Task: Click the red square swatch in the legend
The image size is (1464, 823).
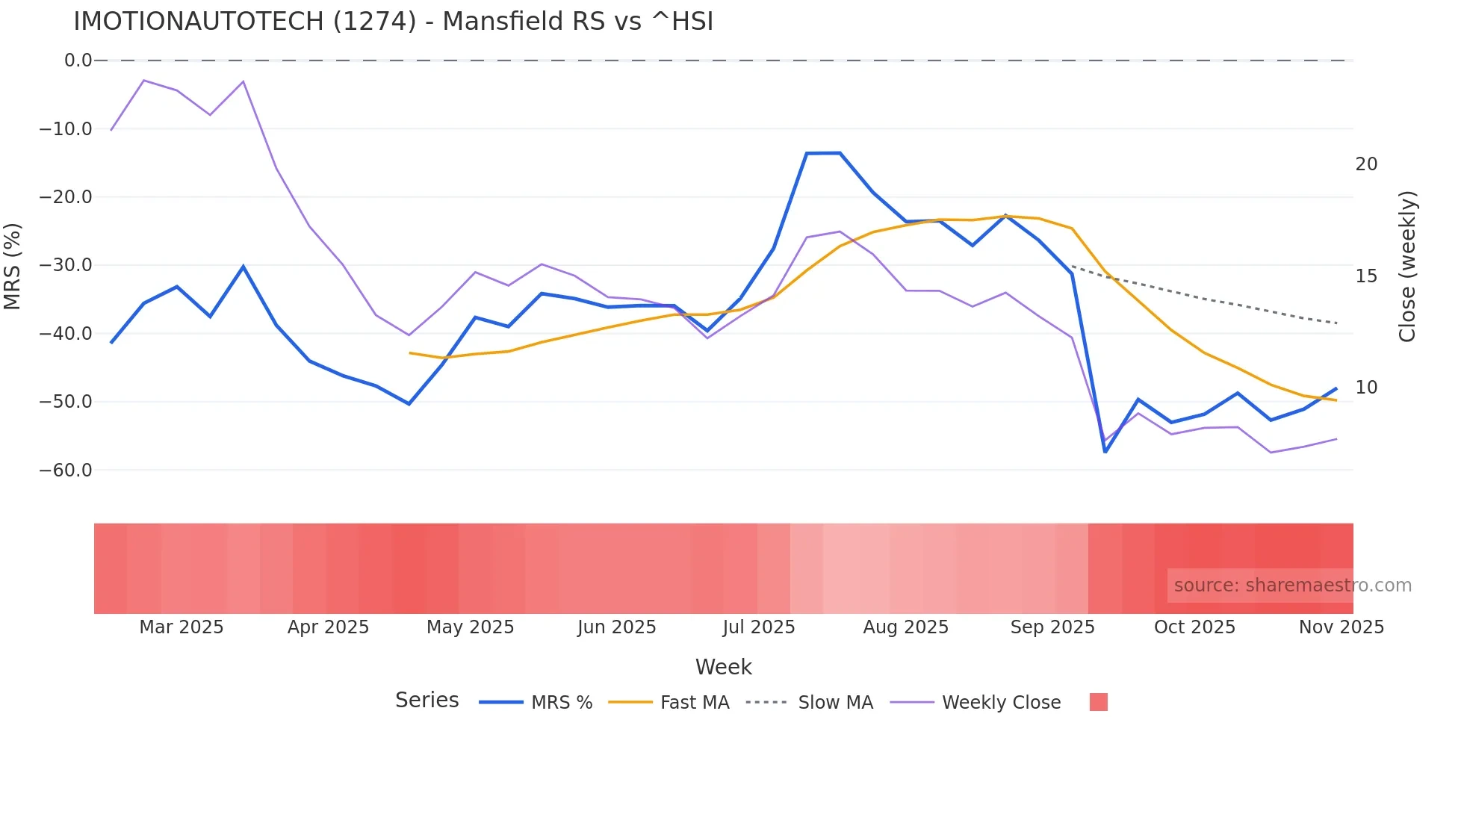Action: [1098, 702]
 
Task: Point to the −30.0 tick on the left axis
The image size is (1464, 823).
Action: [66, 265]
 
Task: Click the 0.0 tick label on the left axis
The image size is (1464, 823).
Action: [78, 60]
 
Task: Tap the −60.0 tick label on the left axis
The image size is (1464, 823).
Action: [66, 470]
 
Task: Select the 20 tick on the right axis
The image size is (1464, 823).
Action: [1366, 164]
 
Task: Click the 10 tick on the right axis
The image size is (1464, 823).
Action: [1366, 388]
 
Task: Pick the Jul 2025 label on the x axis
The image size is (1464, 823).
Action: [758, 627]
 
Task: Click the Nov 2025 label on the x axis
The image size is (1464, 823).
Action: [1341, 627]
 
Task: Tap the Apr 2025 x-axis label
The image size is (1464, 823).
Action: [328, 627]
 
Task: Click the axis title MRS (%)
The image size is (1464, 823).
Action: [12, 266]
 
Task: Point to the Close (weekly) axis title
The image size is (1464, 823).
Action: [1407, 267]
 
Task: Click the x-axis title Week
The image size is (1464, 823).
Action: [723, 667]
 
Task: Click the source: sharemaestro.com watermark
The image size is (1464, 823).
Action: [1292, 586]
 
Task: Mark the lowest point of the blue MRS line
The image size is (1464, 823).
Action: [1105, 452]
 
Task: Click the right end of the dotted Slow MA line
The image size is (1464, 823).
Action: [1336, 323]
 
